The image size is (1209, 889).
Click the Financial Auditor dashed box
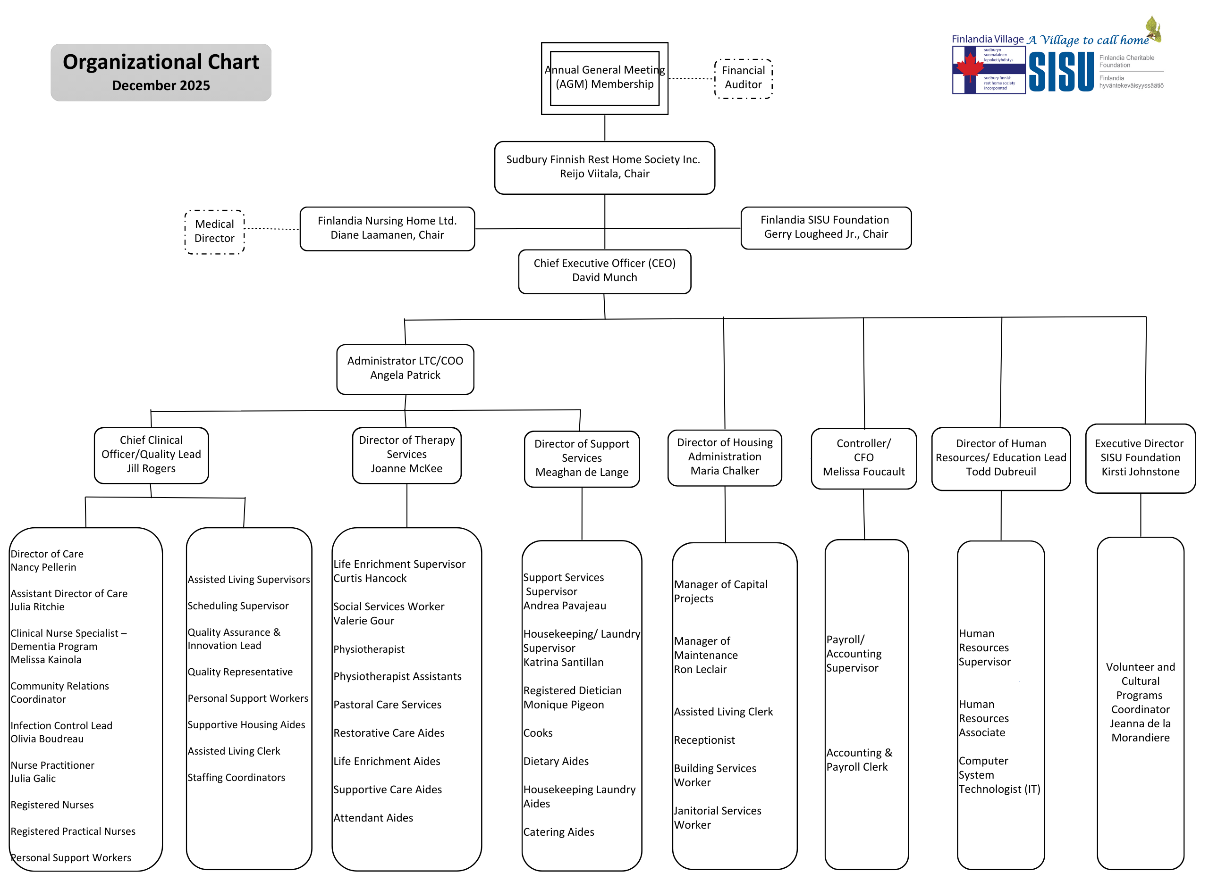pos(743,79)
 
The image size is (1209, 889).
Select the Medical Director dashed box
pos(214,232)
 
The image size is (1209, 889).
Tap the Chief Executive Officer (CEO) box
pos(604,271)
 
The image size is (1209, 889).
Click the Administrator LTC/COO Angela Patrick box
pos(405,369)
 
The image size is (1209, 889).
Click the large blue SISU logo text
pos(1060,72)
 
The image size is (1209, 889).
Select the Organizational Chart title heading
pos(161,62)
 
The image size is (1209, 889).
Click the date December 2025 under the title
pos(161,85)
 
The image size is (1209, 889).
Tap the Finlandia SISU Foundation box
pos(826,228)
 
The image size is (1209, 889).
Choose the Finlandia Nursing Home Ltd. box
pos(387,229)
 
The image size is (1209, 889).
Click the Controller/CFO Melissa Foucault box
pos(863,458)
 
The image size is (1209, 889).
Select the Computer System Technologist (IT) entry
pos(999,775)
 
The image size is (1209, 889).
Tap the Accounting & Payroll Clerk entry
pos(859,760)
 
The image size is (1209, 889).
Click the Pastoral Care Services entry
pos(387,705)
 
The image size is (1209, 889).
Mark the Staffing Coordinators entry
pos(237,778)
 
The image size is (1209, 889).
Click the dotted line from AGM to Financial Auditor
pos(691,79)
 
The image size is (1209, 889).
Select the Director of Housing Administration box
pos(724,457)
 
